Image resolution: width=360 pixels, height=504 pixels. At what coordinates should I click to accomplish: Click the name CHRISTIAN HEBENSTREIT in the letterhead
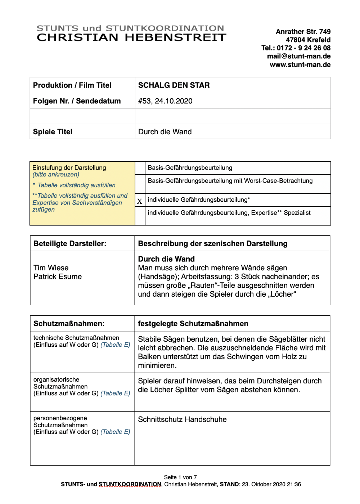(131, 37)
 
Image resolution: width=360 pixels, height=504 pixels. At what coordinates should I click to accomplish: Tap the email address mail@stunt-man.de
(298, 56)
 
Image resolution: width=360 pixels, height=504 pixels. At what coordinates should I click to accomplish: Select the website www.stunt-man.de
(300, 65)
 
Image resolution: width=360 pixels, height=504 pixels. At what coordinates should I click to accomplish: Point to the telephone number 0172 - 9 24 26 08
(303, 48)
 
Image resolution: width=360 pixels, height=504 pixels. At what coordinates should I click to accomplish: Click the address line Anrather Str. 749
(303, 32)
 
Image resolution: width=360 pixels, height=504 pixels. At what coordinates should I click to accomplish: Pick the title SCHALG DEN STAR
(174, 85)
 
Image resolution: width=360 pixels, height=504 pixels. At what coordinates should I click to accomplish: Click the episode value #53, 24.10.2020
(165, 101)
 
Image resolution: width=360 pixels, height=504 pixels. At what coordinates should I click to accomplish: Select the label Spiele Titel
(53, 132)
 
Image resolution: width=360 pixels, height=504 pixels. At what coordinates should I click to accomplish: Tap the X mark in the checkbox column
(140, 201)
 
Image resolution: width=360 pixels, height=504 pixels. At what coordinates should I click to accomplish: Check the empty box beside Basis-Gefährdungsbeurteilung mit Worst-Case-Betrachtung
(140, 184)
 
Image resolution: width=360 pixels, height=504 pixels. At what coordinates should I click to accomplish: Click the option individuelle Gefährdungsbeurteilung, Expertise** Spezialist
(229, 213)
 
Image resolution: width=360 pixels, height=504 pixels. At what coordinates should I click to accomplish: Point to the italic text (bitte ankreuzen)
(56, 175)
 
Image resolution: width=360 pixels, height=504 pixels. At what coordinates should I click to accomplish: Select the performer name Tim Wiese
(51, 268)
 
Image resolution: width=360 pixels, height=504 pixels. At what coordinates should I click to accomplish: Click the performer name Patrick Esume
(58, 276)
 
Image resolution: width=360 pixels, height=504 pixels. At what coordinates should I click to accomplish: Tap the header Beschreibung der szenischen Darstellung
(212, 244)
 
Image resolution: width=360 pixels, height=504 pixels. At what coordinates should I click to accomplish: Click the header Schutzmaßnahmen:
(69, 324)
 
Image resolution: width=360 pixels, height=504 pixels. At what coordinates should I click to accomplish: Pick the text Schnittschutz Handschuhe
(182, 419)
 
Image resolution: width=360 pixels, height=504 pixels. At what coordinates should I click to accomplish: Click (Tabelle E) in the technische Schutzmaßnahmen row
(115, 345)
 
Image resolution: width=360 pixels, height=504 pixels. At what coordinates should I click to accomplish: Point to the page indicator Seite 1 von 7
(180, 477)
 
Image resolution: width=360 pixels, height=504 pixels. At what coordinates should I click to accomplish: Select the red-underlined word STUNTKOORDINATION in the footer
(130, 485)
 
